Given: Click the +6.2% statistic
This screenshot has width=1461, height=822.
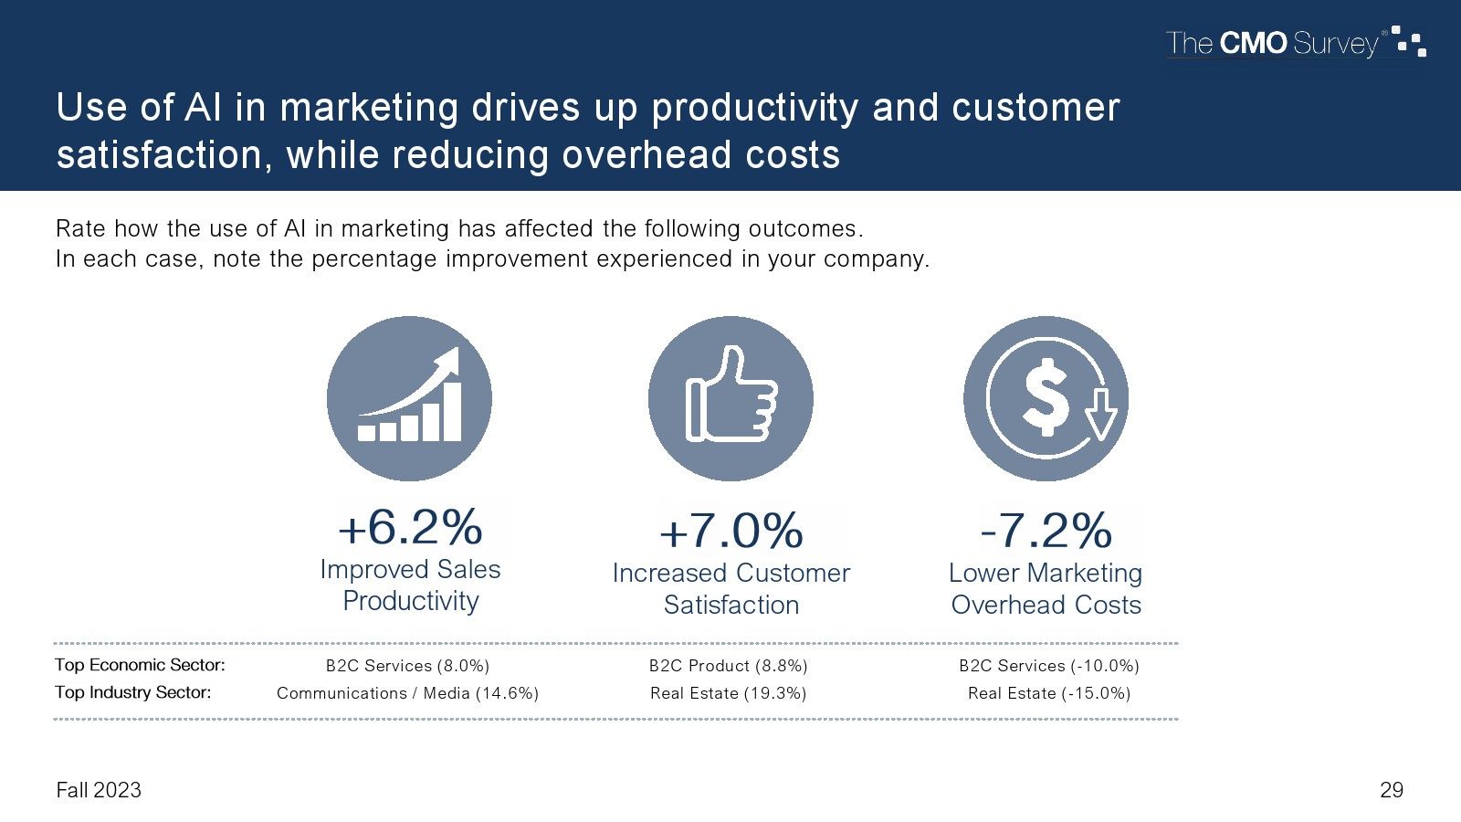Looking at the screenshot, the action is coord(410,527).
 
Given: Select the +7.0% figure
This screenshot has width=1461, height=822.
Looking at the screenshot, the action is coord(731,531).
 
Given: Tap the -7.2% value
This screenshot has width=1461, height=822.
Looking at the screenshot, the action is coord(1046,531).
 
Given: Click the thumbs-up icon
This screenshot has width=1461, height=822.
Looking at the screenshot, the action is coord(731,394).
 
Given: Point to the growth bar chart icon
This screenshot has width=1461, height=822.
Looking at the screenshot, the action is coord(410,395).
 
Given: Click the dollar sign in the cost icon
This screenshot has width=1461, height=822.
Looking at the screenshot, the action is coord(1046,396).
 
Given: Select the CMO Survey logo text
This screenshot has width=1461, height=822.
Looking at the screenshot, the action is coord(1272,43).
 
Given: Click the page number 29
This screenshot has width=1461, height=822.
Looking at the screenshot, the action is coord(1392,790).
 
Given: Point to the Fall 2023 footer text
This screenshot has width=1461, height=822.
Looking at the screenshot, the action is coord(99,790).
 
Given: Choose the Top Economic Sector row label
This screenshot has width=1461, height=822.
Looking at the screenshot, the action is coord(140,665).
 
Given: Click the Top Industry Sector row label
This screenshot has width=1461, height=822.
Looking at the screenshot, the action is coord(133,692).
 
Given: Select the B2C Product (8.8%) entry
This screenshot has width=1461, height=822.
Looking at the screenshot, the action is coord(729,666).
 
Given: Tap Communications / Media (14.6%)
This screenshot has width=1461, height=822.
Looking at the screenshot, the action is coord(407,693).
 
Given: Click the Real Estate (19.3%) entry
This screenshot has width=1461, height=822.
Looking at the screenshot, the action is coord(729,693).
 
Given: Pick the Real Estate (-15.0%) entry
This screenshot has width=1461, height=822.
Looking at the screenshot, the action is coord(1049,693).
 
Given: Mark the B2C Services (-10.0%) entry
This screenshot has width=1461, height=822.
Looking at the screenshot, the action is coord(1049,666).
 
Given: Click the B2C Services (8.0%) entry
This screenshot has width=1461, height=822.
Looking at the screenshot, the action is coord(407,666).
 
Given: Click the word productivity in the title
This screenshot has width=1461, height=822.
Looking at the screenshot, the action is coord(754,109).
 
